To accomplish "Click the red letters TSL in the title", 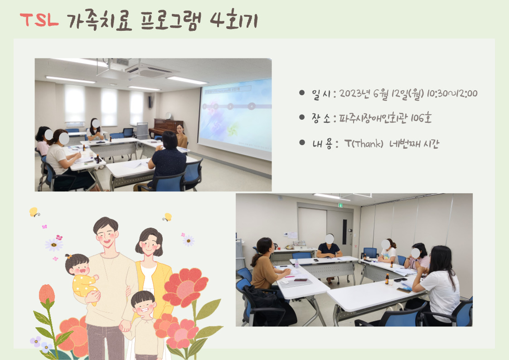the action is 39,20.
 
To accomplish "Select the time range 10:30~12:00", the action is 452,93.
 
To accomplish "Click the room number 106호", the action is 421,118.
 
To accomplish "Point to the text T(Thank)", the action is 364,143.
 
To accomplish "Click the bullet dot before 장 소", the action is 302,117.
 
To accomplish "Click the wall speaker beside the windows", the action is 150,102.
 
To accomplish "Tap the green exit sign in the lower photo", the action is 340,205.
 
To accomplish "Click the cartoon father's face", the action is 106,234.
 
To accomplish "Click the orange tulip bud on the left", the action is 47,294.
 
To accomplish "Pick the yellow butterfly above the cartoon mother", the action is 167,217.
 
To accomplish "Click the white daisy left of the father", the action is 54,244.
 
